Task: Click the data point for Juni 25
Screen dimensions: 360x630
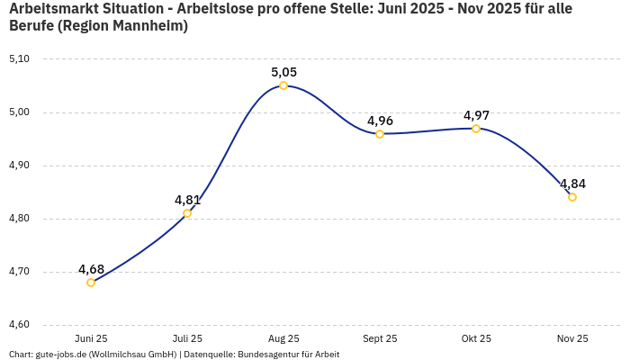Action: click(x=91, y=283)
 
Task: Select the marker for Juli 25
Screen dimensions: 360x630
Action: click(x=187, y=213)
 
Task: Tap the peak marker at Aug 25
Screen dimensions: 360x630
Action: click(x=283, y=85)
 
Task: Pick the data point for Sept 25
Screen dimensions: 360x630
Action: click(x=380, y=134)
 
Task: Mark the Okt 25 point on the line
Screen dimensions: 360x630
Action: click(x=476, y=129)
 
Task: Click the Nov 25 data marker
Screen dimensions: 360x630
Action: click(x=572, y=197)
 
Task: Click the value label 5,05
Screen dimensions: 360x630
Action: click(x=283, y=72)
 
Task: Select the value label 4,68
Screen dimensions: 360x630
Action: click(x=91, y=269)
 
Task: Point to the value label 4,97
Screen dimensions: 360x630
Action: click(x=476, y=115)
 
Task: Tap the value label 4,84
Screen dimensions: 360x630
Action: click(x=572, y=184)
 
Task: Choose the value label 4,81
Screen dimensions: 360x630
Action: click(x=187, y=200)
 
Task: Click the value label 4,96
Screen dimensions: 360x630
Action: click(x=380, y=121)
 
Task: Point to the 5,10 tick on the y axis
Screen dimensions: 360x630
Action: click(x=19, y=59)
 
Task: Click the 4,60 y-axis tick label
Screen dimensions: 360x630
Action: click(x=19, y=325)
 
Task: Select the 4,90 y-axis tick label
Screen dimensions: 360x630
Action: click(x=19, y=166)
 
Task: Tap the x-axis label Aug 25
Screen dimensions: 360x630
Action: click(x=283, y=339)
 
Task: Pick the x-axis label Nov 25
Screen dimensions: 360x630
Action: click(x=572, y=339)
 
